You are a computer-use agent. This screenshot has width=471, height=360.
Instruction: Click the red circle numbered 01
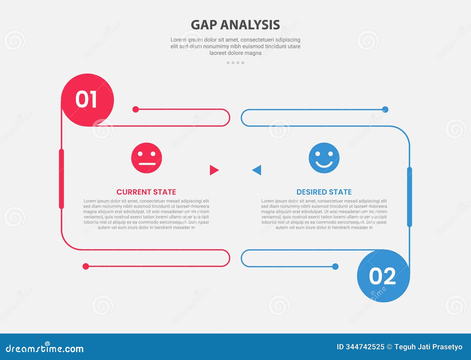point(87,100)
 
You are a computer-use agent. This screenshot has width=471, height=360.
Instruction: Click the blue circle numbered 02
point(383,276)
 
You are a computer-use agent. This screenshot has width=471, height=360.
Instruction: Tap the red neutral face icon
point(147,158)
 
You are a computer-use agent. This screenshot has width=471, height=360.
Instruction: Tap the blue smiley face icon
point(324,158)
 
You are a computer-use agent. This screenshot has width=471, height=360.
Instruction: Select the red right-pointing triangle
point(214,170)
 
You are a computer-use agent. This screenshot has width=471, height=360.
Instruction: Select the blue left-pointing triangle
point(257,170)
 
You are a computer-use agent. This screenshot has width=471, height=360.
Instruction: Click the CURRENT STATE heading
point(146,192)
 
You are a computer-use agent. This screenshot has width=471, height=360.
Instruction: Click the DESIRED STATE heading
point(324,192)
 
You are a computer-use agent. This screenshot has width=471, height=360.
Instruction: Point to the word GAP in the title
point(204,25)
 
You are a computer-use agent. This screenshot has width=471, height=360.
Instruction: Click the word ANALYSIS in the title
point(250,25)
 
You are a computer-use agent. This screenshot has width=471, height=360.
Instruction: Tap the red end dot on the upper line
point(135,109)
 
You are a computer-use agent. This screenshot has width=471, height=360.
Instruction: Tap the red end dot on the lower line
point(86,266)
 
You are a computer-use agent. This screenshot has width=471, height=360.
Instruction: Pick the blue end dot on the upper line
point(385,109)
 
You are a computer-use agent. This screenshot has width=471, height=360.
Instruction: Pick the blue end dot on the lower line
point(335,266)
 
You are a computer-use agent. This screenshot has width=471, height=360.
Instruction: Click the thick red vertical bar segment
point(62,179)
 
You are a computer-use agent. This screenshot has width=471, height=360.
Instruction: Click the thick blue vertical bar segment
point(409,197)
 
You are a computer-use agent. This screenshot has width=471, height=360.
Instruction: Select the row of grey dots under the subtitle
point(235,63)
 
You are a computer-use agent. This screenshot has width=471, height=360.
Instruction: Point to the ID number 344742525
point(365,347)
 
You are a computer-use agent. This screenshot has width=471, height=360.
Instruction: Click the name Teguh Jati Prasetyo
point(428,347)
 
